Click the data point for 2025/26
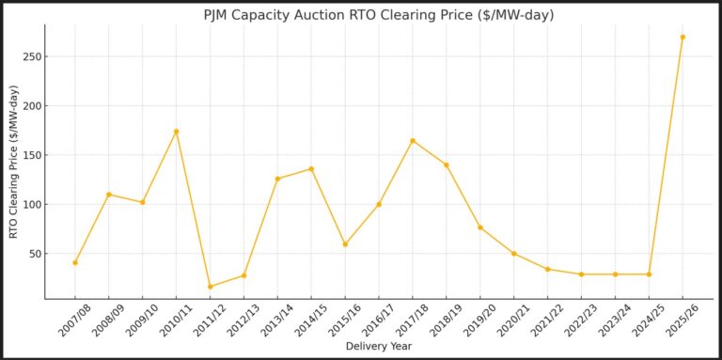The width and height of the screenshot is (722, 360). pos(683,37)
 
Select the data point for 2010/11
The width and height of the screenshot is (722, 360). pos(176,132)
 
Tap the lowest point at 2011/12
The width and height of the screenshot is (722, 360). pos(210,287)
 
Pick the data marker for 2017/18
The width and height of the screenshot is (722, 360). pos(413,141)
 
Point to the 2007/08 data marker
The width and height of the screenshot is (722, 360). pos(75,262)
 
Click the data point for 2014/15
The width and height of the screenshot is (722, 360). pos(311,169)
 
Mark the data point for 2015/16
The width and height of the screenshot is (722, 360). pos(345,244)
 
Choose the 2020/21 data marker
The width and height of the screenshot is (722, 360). pos(514,254)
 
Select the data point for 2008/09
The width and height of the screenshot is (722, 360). pos(109,195)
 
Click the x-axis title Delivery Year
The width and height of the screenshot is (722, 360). pos(379,346)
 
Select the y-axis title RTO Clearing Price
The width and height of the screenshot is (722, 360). pos(13,162)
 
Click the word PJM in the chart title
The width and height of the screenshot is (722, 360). pos(219,15)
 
